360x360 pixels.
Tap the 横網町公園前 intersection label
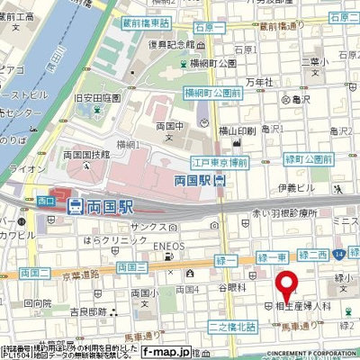coord(212,93)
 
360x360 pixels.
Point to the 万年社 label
coord(256,83)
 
